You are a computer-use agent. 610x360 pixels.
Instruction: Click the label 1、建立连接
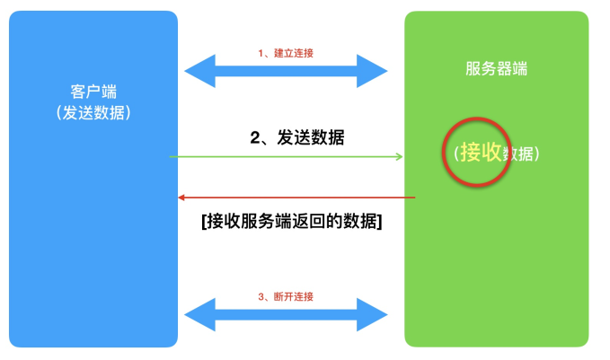pyautogui.click(x=286, y=53)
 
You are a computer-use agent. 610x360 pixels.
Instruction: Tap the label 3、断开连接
pyautogui.click(x=286, y=297)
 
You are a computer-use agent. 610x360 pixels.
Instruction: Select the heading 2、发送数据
pyautogui.click(x=296, y=138)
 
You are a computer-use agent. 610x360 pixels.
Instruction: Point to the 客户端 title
pyautogui.click(x=93, y=92)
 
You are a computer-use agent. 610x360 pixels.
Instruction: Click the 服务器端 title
pyautogui.click(x=496, y=69)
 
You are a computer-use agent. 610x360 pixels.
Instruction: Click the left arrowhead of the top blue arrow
pyautogui.click(x=196, y=70)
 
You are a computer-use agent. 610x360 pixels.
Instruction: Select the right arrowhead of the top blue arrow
pyautogui.click(x=376, y=70)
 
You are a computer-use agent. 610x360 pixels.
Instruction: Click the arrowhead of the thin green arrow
pyautogui.click(x=399, y=157)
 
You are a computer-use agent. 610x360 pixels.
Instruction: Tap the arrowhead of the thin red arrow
pyautogui.click(x=181, y=198)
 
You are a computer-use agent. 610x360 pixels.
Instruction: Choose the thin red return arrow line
pyautogui.click(x=296, y=198)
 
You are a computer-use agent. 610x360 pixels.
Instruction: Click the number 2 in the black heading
pyautogui.click(x=254, y=138)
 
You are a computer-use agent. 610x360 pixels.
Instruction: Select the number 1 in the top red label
pyautogui.click(x=261, y=53)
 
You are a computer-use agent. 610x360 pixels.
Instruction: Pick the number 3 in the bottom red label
pyautogui.click(x=261, y=297)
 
